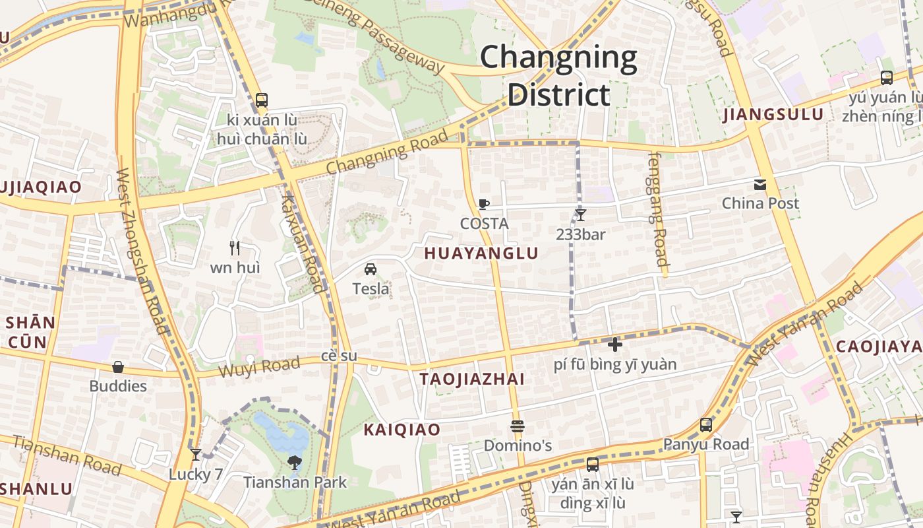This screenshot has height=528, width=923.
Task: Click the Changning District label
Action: [558, 76]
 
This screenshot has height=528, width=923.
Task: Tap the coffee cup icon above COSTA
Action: [484, 205]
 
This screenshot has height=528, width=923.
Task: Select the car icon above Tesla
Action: [371, 269]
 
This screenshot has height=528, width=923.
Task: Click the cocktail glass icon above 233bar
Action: [580, 214]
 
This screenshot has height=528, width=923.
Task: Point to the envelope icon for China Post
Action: [760, 184]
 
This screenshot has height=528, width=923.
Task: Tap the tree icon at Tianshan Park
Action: [295, 463]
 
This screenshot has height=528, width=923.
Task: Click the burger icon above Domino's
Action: [517, 426]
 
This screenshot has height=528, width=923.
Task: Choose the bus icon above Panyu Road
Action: [706, 425]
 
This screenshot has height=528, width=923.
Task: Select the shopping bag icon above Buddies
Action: [118, 367]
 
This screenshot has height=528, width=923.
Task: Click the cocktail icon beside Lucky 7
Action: [195, 455]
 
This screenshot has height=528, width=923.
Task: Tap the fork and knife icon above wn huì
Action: [235, 248]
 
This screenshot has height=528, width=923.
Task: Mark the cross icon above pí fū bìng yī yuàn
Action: [615, 345]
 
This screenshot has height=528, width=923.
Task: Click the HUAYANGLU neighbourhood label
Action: [481, 253]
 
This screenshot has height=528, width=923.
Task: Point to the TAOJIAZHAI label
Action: [472, 379]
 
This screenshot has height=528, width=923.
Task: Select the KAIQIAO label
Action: [402, 430]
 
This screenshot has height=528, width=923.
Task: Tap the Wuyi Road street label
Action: [259, 366]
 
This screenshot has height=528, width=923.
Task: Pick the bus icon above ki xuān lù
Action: [262, 100]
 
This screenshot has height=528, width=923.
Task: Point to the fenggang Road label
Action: [658, 209]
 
